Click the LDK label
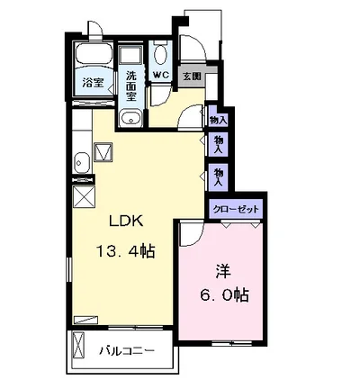coord(126,222)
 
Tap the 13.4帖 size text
coord(125,251)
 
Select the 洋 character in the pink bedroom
coord(223,271)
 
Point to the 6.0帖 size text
coord(224,295)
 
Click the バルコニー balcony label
coord(127,350)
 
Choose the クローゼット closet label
coord(236,209)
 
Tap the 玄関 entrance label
coord(192,77)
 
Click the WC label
coord(161,75)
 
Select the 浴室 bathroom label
coord(93,83)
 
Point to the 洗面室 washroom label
coord(131,86)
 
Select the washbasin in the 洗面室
coord(130,119)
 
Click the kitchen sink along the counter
coord(81,163)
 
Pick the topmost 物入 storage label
coord(218,121)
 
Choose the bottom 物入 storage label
coord(218,177)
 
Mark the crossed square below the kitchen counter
coord(84,196)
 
